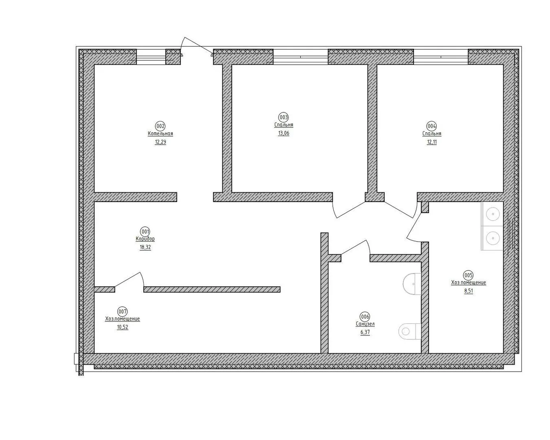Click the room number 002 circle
160,126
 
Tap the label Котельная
160,134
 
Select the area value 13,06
284,133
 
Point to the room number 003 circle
284,117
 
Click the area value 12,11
432,142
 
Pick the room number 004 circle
432,126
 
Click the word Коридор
145,239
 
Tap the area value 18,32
145,247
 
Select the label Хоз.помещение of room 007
122,319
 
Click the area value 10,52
122,327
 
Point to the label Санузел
365,324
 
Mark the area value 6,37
365,332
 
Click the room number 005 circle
468,275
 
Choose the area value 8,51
468,291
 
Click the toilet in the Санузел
409,331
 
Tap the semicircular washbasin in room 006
412,284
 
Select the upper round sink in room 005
493,214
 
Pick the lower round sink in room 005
493,238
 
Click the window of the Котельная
151,57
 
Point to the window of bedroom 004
441,57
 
